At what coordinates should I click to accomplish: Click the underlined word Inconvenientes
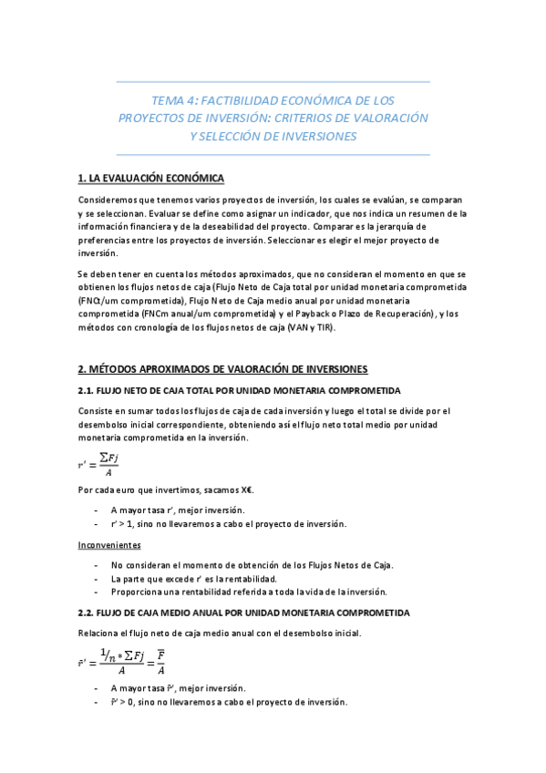tap(108, 544)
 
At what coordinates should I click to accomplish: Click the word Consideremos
tap(109, 200)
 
